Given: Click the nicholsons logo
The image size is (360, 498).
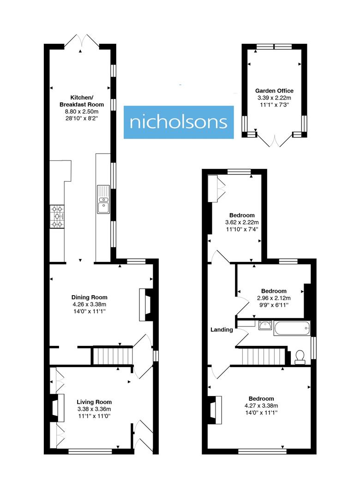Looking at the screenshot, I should pos(178,122).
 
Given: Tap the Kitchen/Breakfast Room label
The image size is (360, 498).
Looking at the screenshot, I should pos(81,101).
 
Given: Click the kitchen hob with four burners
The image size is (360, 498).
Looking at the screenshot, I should pos(57,217).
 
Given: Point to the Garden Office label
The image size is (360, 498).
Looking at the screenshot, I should pos(275,91).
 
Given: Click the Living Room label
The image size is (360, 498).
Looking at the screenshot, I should pos(94,402).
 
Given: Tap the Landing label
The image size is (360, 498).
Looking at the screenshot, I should pos(222,330).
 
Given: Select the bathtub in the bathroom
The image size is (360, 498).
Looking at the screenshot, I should pos(292,329).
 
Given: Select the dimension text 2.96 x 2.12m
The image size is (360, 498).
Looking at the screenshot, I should pos(274,298).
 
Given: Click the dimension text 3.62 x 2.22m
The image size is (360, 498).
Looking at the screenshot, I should pos(242,222).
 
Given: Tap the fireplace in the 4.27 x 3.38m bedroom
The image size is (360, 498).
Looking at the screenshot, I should pos(215,409).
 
